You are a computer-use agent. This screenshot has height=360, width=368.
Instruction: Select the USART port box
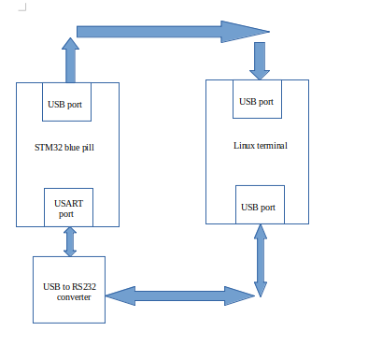coord(67,207)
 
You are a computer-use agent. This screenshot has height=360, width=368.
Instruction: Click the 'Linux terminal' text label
coord(261,146)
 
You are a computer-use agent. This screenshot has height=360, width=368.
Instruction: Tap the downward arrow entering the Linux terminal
coord(260,61)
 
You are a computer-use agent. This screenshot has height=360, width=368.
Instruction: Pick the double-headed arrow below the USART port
coord(69,241)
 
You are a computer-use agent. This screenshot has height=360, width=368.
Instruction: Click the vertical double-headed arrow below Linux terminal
coord(259,263)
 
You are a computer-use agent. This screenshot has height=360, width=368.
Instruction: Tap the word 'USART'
coord(67,202)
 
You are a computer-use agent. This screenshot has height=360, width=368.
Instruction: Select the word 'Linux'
coord(245,146)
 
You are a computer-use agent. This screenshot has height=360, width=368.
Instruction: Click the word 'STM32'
coord(47,147)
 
